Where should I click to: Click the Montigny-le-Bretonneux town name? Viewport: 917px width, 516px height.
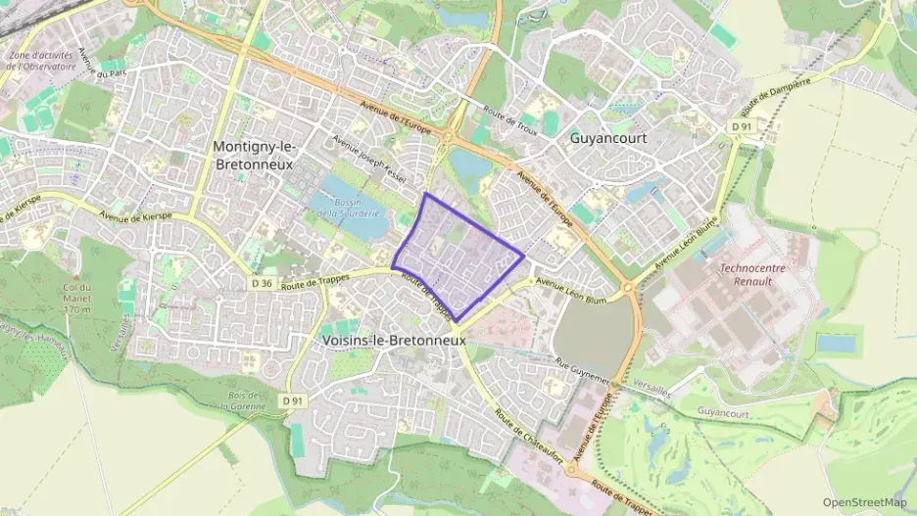254,155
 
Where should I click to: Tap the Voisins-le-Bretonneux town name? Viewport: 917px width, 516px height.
394,339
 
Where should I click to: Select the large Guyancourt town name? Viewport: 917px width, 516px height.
607,139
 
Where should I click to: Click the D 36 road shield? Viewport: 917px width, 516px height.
260,284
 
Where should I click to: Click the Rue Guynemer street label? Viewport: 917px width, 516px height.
582,371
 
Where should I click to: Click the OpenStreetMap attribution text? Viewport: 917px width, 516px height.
865,502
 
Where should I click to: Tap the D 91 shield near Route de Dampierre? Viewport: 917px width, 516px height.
741,126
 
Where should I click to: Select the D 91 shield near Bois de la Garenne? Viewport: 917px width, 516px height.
291,400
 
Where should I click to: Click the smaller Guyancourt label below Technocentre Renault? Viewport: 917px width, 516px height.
723,413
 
